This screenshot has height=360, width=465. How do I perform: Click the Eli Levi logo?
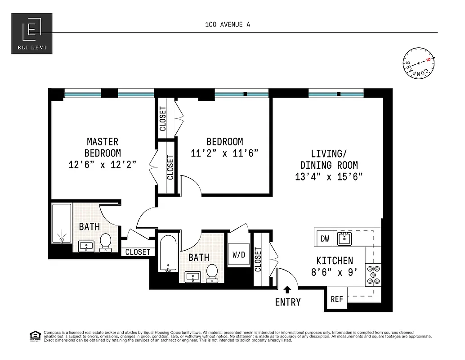pyautogui.click(x=31, y=34)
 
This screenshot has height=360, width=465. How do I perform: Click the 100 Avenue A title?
pyautogui.click(x=227, y=25)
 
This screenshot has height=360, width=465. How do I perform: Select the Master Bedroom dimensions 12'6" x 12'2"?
pyautogui.click(x=103, y=165)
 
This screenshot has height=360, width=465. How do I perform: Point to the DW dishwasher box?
pyautogui.click(x=325, y=238)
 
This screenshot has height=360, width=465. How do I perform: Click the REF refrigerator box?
pyautogui.click(x=337, y=299)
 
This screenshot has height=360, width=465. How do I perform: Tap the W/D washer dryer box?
pyautogui.click(x=238, y=255)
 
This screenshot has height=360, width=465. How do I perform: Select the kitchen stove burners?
pyautogui.click(x=373, y=274)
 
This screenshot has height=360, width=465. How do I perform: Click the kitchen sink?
pyautogui.click(x=344, y=238)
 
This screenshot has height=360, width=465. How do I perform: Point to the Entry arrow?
pyautogui.click(x=287, y=290)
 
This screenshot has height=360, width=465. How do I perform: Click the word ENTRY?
pyautogui.click(x=288, y=302)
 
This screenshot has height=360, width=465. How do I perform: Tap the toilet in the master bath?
pyautogui.click(x=106, y=242)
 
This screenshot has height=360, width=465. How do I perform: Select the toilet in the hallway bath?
pyautogui.click(x=212, y=273)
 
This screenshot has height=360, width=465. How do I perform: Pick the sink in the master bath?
pyautogui.click(x=86, y=246)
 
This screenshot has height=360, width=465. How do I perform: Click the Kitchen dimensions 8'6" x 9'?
pyautogui.click(x=335, y=272)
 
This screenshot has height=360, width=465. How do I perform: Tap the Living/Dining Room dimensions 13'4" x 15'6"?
pyautogui.click(x=329, y=177)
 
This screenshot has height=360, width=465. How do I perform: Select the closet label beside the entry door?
pyautogui.click(x=258, y=260)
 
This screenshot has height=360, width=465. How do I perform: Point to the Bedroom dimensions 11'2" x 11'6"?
pyautogui.click(x=224, y=153)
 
